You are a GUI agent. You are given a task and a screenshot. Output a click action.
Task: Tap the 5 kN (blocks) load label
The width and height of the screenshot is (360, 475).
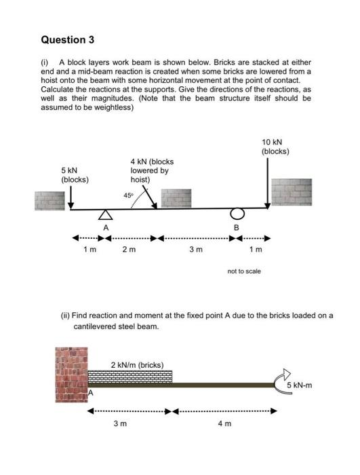click(75, 175)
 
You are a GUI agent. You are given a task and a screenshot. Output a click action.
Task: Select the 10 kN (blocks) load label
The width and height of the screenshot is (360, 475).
click(275, 146)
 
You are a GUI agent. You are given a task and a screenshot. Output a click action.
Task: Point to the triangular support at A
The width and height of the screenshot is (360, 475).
click(104, 215)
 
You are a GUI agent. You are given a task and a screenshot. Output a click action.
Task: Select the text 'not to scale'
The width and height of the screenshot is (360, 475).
click(244, 271)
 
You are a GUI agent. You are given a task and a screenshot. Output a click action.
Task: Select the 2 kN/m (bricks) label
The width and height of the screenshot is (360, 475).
click(137, 364)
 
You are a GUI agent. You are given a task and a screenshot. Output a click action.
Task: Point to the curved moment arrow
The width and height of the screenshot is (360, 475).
click(281, 379)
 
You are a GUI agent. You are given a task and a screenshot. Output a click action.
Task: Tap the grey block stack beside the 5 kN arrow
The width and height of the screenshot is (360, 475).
click(52, 200)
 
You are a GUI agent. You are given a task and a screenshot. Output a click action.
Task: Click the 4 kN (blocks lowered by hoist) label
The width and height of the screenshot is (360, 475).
click(151, 170)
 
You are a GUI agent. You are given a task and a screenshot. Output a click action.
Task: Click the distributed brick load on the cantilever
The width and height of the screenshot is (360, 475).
click(130, 376)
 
